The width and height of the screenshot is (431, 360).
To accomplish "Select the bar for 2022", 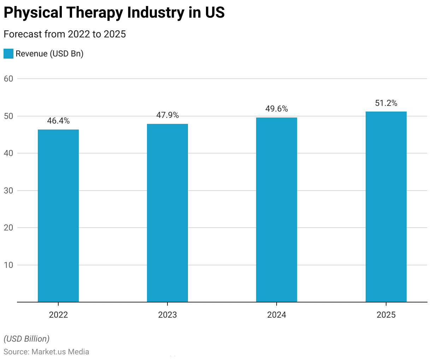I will pos(58,216).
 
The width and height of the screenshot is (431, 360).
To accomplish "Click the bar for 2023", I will pos(167,213).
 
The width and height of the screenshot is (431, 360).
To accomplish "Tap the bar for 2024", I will pos(277,210).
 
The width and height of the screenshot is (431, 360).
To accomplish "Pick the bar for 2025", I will pos(386,207).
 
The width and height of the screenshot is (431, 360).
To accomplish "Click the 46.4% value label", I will pos(58,121).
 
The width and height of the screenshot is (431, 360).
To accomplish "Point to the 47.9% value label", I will pos(167,115).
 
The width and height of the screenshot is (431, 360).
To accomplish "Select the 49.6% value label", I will pos(277,109).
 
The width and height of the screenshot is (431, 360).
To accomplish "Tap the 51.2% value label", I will pos(386,103).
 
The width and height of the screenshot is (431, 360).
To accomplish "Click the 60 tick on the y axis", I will pos(8,79).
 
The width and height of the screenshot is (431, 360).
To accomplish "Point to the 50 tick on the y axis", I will pos(8,116).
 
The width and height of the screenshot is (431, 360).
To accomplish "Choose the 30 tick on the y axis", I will pos(8,191).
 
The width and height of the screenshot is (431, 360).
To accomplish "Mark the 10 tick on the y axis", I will pos(8,265).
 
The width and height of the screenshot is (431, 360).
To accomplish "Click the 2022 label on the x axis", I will pos(58,315).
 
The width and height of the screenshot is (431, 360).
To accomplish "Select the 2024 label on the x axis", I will pos(277,315).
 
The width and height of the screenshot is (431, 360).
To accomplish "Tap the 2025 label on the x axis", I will pos(386,315).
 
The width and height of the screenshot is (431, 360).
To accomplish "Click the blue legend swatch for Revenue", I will pos(8,54).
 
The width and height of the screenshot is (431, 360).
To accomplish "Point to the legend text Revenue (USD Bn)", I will pos(49,54).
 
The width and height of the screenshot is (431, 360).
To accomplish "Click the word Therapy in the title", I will pos(95,13).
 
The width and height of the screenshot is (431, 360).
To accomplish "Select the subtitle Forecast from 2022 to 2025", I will pos(65,34).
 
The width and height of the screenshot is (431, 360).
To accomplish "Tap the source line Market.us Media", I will pos(46,352).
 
